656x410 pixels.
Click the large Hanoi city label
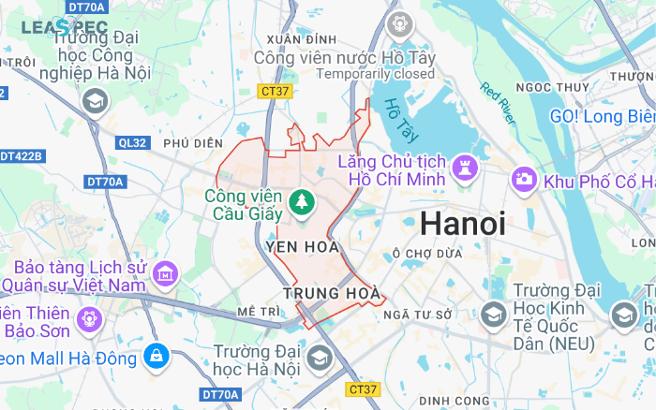tap(462, 224)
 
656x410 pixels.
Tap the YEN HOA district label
tap(302, 247)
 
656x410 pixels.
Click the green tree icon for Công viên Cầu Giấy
tap(302, 200)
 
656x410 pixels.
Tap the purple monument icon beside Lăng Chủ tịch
tap(466, 168)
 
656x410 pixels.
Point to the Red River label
tap(498, 104)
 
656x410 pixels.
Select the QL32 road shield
tap(132, 143)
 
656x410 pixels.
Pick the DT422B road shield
tap(21, 155)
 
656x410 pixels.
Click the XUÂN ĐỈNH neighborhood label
tap(301, 38)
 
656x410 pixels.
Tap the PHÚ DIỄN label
tap(193, 143)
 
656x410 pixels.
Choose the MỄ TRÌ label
tap(259, 311)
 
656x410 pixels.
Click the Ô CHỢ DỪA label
tap(428, 253)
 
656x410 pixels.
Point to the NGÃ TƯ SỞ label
tap(418, 314)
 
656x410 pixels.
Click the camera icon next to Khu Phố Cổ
tap(524, 178)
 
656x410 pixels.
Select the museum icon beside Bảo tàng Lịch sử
tap(166, 273)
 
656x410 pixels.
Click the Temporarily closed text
tap(375, 74)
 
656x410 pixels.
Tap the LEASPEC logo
tap(65, 28)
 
